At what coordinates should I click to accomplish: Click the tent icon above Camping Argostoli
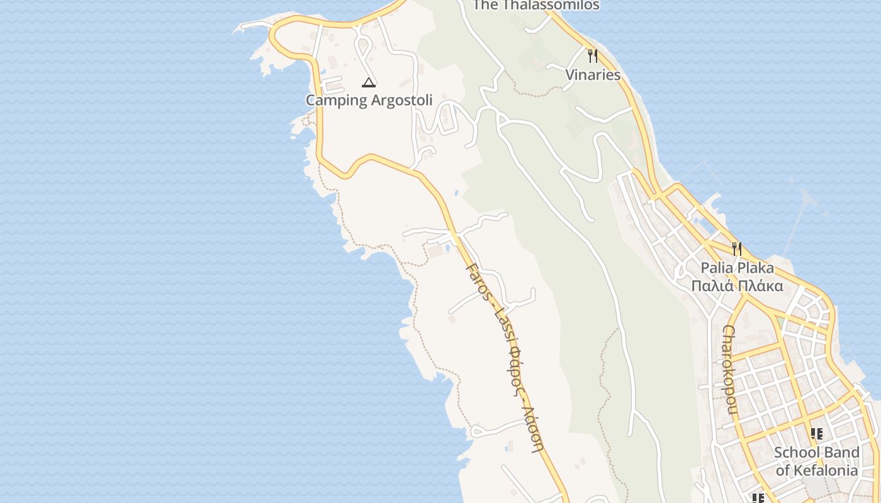(x=369, y=82)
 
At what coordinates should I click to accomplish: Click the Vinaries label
(x=592, y=75)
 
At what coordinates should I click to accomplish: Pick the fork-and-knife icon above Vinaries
(x=592, y=56)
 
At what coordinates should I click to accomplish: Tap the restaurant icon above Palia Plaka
(x=736, y=249)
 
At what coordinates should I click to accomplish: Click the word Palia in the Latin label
(x=717, y=268)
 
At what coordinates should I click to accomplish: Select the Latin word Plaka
(x=755, y=268)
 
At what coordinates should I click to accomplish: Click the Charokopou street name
(x=730, y=370)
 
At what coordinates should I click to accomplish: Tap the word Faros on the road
(x=476, y=280)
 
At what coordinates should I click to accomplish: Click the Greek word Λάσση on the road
(x=534, y=428)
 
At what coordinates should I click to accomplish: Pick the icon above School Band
(x=816, y=433)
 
